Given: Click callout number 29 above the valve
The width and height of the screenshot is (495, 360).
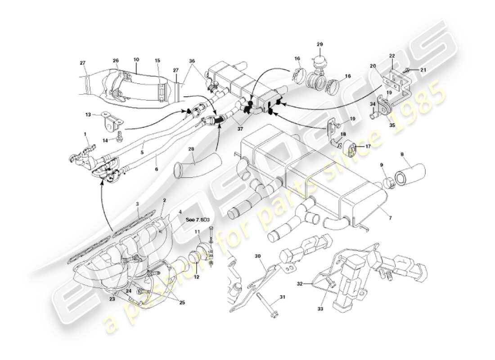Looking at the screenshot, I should [x=319, y=44].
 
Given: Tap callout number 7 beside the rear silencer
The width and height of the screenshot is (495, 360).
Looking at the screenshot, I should [x=390, y=218].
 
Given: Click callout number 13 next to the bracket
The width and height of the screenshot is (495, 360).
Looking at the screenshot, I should [x=88, y=114].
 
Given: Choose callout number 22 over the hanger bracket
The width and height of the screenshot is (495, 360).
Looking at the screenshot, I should [x=392, y=56].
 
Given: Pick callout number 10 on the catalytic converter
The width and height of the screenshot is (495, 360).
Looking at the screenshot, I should [x=136, y=59].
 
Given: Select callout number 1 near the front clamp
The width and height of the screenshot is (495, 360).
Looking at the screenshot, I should [x=85, y=134].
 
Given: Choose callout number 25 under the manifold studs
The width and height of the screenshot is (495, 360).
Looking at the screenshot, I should [x=182, y=302].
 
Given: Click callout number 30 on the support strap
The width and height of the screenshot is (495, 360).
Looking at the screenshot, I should [x=257, y=256].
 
